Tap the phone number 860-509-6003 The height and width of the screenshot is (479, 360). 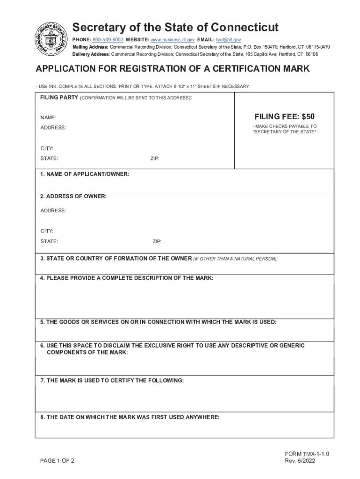coord(108,40)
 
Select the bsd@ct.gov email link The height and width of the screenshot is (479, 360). coord(229,40)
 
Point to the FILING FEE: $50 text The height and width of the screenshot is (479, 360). coord(284,116)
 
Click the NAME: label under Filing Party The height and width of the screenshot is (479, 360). coord(48,117)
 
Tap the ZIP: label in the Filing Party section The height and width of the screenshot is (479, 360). coord(155,159)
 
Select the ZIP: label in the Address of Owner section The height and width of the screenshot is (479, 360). coord(157,242)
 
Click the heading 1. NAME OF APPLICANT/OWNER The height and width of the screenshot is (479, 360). coord(85,174)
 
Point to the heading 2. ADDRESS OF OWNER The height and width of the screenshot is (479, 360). coord(73,196)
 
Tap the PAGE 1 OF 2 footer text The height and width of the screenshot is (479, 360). coord(57,461)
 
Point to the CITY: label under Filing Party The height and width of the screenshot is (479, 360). coord(47,148)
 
